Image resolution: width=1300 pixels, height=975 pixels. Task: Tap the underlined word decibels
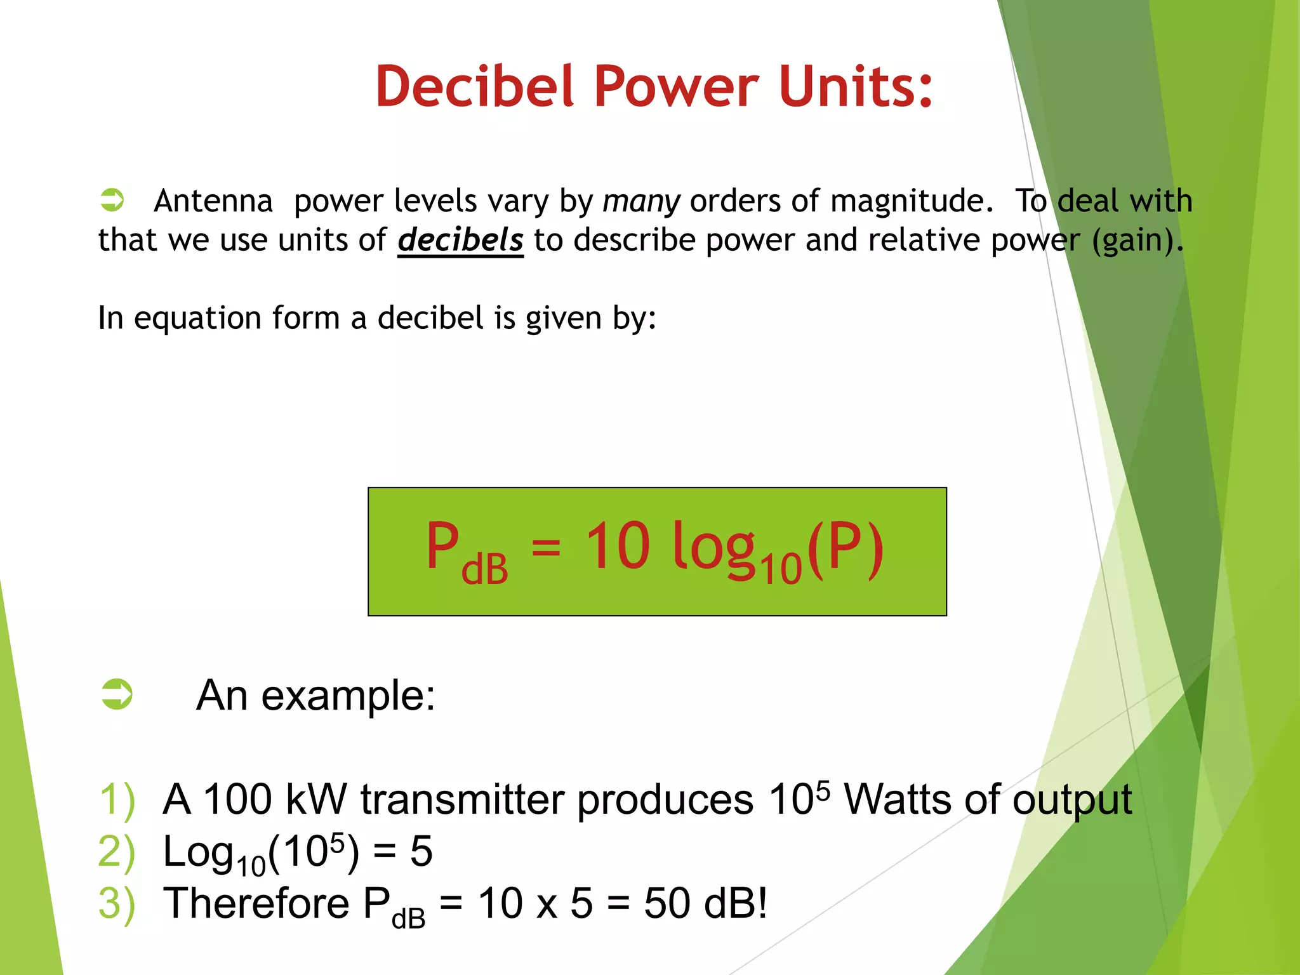pyautogui.click(x=460, y=240)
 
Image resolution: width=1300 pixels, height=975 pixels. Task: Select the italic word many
pyautogui.click(x=641, y=201)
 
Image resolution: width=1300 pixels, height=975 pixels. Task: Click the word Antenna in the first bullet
pyautogui.click(x=213, y=201)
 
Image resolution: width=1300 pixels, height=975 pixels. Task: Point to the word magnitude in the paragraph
pyautogui.click(x=912, y=201)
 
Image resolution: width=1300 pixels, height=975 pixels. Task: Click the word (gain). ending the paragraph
pyautogui.click(x=1137, y=240)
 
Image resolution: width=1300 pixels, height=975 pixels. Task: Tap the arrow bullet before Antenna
pyautogui.click(x=112, y=200)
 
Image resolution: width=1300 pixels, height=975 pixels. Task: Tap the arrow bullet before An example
pyautogui.click(x=117, y=694)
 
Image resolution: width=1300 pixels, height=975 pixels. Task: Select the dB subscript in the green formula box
pyautogui.click(x=484, y=569)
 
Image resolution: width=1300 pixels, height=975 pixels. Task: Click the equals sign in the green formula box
pyautogui.click(x=546, y=546)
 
